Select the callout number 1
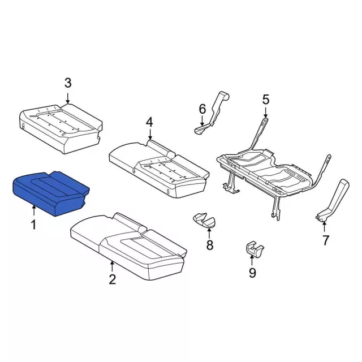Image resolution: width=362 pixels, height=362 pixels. coord(34,225)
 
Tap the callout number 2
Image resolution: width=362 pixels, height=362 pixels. coord(112,279)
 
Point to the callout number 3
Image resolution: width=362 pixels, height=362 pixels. coord(68,83)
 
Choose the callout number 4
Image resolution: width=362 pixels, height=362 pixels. coord(149,122)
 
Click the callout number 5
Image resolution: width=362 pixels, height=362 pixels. coord(266,100)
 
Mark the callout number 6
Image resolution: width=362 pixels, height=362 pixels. coord(202,109)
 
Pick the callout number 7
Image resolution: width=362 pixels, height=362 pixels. coord(325,240)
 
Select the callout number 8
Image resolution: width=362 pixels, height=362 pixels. coord(210,245)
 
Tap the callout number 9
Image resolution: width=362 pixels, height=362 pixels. coord(252,273)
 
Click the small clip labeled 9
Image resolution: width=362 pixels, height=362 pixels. coord(254,249)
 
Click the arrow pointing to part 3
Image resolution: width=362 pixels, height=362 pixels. coord(68,98)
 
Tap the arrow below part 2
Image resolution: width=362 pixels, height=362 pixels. coord(112,266)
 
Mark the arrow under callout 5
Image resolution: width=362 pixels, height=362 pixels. coord(265,113)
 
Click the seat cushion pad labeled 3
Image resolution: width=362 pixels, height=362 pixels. coord(61,128)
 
